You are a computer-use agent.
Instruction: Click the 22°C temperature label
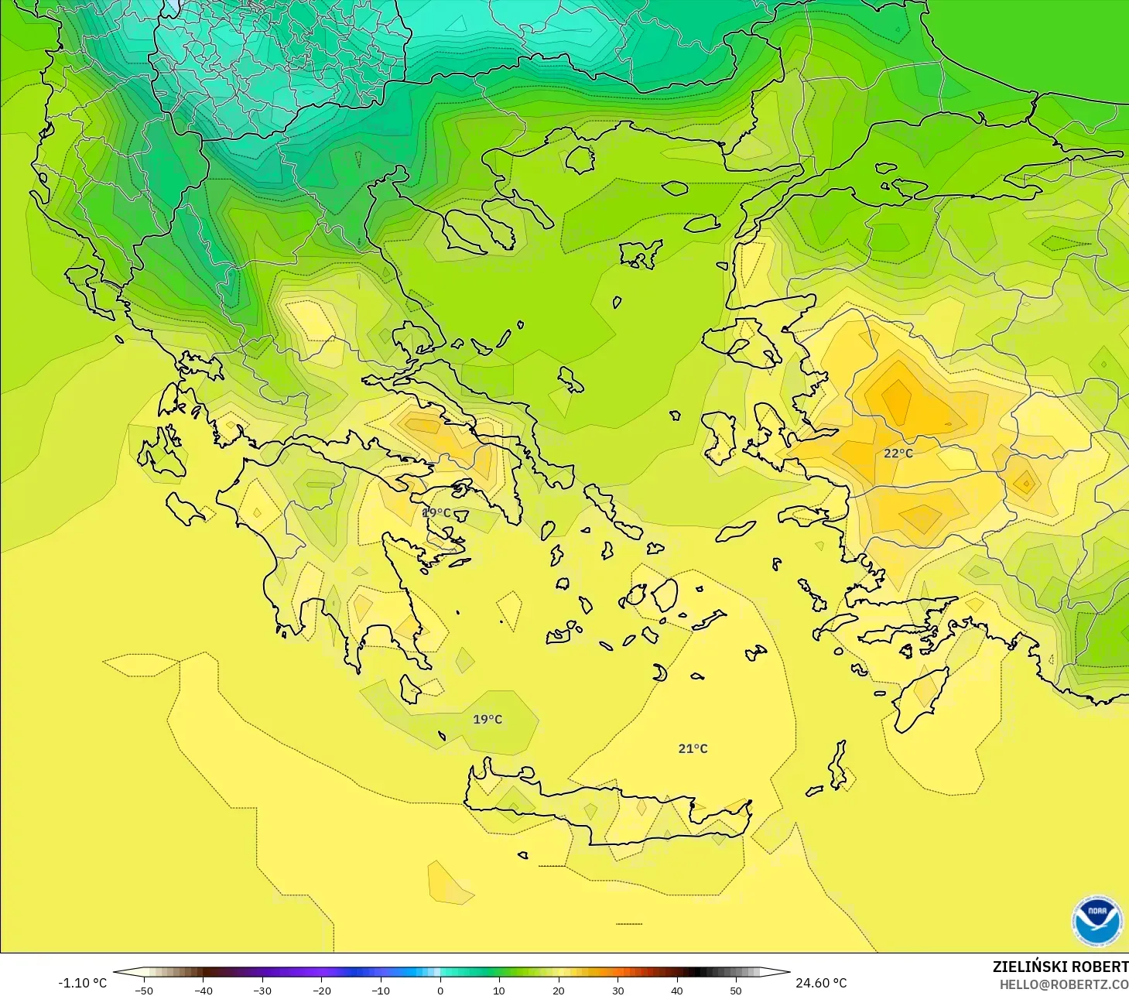coord(898,453)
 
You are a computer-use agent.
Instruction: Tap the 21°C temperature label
coord(693,748)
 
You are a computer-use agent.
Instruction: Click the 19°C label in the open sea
coord(488,719)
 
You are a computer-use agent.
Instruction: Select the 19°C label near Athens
coord(436,512)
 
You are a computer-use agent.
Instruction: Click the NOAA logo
coord(1096,920)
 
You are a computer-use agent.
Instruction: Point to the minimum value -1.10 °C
coord(83,983)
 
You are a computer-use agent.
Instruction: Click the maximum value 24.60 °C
coord(821,983)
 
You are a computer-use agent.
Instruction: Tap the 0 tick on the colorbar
coord(440,990)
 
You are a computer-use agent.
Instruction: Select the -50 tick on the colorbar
coord(144,990)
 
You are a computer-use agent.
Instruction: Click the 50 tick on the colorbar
coord(736,990)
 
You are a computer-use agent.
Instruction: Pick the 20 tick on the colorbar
coord(559,990)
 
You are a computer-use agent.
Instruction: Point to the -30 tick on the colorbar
coord(262,990)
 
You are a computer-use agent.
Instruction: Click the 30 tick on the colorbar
coord(618,990)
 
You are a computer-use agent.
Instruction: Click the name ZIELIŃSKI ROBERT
coord(1060,967)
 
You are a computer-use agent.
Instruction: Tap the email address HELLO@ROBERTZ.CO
coord(1063,984)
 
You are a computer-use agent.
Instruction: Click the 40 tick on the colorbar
coord(677,990)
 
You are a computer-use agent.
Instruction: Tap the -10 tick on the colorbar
coord(381,990)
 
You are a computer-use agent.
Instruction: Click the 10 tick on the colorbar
coord(499,990)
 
